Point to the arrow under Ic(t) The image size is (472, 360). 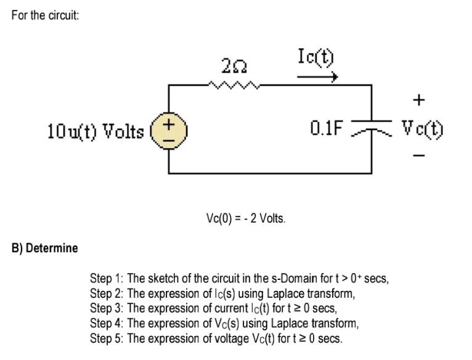click(317, 77)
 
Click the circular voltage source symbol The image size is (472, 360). click(169, 131)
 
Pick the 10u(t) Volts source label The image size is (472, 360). click(96, 131)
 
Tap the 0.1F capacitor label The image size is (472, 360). click(325, 129)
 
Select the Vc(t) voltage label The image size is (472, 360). click(423, 129)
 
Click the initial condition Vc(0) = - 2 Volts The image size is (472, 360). click(246, 218)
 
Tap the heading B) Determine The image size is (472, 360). click(45, 248)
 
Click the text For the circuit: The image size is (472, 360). click(45, 15)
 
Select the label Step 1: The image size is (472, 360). click(107, 279)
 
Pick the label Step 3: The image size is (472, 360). click(107, 308)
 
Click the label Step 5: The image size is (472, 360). click(107, 338)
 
